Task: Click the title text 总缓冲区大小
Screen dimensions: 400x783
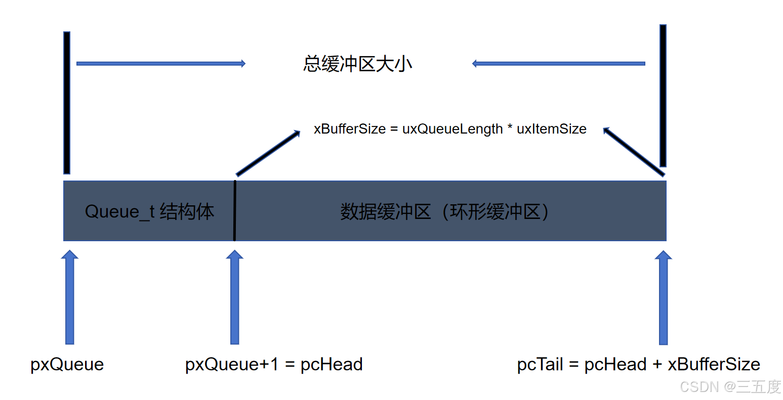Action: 357,64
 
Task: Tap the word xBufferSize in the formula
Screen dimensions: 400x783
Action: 350,129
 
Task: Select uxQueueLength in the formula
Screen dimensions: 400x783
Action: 452,129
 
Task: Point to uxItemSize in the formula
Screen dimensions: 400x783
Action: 551,129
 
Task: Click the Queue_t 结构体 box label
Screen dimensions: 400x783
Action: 149,211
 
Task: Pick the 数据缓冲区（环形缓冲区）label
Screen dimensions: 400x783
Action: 444,211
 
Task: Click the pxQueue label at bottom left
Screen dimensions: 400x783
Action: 67,364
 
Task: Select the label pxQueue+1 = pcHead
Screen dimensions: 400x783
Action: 274,364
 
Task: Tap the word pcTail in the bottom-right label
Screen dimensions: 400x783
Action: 540,364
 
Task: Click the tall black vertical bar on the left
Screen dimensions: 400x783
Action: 67,103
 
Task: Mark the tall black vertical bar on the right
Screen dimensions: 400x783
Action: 663,96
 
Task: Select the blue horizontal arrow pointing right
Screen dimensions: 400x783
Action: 160,64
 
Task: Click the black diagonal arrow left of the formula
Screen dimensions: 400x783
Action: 268,153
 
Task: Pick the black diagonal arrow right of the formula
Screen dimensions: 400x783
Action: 634,152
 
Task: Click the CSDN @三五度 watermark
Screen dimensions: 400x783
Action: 730,387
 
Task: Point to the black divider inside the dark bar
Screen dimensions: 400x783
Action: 235,211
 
